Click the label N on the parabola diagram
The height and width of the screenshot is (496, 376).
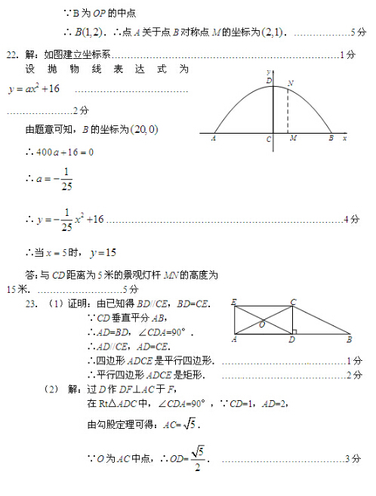[x=291, y=82]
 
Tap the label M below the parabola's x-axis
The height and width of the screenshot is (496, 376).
[x=292, y=139]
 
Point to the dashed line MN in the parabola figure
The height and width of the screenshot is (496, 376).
[x=287, y=112]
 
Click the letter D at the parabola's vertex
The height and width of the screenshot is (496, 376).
[x=268, y=81]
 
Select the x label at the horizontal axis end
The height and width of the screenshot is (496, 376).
[x=345, y=139]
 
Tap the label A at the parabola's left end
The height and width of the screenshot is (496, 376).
[x=214, y=139]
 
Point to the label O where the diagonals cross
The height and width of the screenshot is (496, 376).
[x=261, y=325]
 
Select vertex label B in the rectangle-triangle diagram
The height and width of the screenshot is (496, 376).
[x=349, y=340]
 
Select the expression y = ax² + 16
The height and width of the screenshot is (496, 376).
[x=34, y=89]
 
